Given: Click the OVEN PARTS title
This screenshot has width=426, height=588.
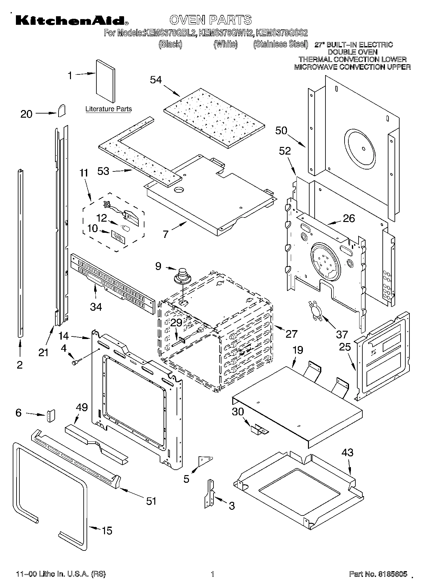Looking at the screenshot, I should [211, 20].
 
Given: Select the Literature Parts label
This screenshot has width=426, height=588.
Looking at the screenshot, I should [108, 109].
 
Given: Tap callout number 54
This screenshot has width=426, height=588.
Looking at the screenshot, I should [156, 80].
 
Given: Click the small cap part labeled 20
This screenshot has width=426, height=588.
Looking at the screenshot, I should [62, 110].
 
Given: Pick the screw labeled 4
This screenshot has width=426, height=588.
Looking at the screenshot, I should [77, 362].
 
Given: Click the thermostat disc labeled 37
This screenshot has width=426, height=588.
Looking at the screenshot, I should [314, 310].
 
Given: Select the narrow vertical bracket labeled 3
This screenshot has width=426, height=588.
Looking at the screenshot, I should [209, 493].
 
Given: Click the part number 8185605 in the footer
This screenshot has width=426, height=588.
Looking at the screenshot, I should [393, 574].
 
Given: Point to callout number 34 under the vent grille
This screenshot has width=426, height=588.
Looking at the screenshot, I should [96, 307].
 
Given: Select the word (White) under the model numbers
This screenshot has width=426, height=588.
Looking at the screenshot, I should [226, 45].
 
